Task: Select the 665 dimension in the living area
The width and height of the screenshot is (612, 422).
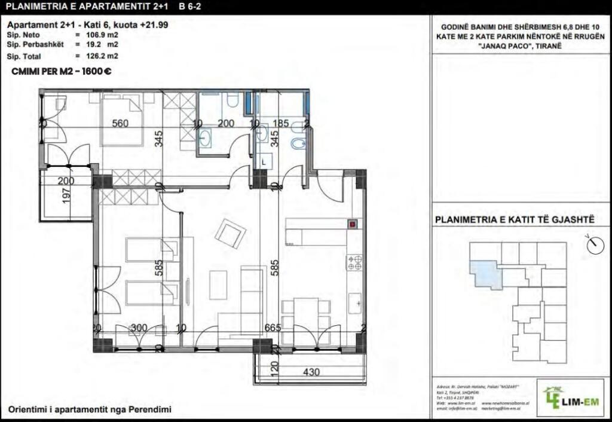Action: click(273, 328)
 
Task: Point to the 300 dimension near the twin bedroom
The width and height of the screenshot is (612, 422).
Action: click(139, 328)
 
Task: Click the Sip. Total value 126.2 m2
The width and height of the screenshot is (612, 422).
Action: click(99, 56)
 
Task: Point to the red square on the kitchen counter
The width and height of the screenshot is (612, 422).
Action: click(353, 225)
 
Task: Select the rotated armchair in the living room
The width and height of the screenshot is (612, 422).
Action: click(230, 233)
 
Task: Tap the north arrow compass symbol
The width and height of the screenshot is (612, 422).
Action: click(593, 244)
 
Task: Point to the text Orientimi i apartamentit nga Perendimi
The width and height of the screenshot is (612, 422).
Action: click(90, 409)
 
